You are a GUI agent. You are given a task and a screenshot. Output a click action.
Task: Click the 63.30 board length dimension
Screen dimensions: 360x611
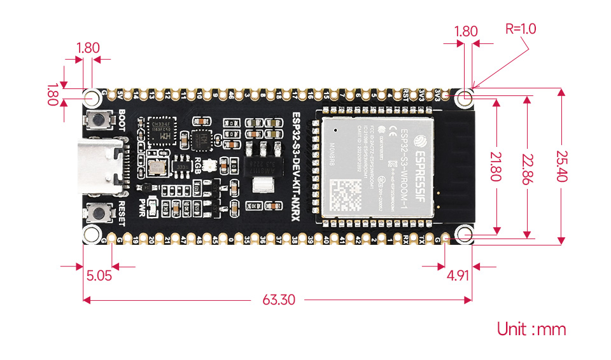click(279, 300)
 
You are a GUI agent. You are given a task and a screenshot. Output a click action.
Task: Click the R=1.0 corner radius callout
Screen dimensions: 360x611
click(521, 29)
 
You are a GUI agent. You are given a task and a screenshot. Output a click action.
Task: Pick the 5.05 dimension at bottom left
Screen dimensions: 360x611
click(99, 276)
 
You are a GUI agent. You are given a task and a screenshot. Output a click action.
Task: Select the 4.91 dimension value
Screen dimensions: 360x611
click(458, 276)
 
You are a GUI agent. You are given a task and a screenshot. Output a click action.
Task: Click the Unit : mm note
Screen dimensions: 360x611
click(531, 329)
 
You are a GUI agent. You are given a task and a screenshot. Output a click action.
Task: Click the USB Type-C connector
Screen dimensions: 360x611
click(101, 167)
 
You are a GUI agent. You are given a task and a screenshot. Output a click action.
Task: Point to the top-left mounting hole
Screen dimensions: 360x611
click(93, 97)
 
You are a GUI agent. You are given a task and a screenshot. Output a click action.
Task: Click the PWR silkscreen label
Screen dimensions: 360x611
click(150, 207)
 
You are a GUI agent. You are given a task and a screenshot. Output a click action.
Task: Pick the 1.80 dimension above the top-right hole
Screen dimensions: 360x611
click(467, 31)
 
